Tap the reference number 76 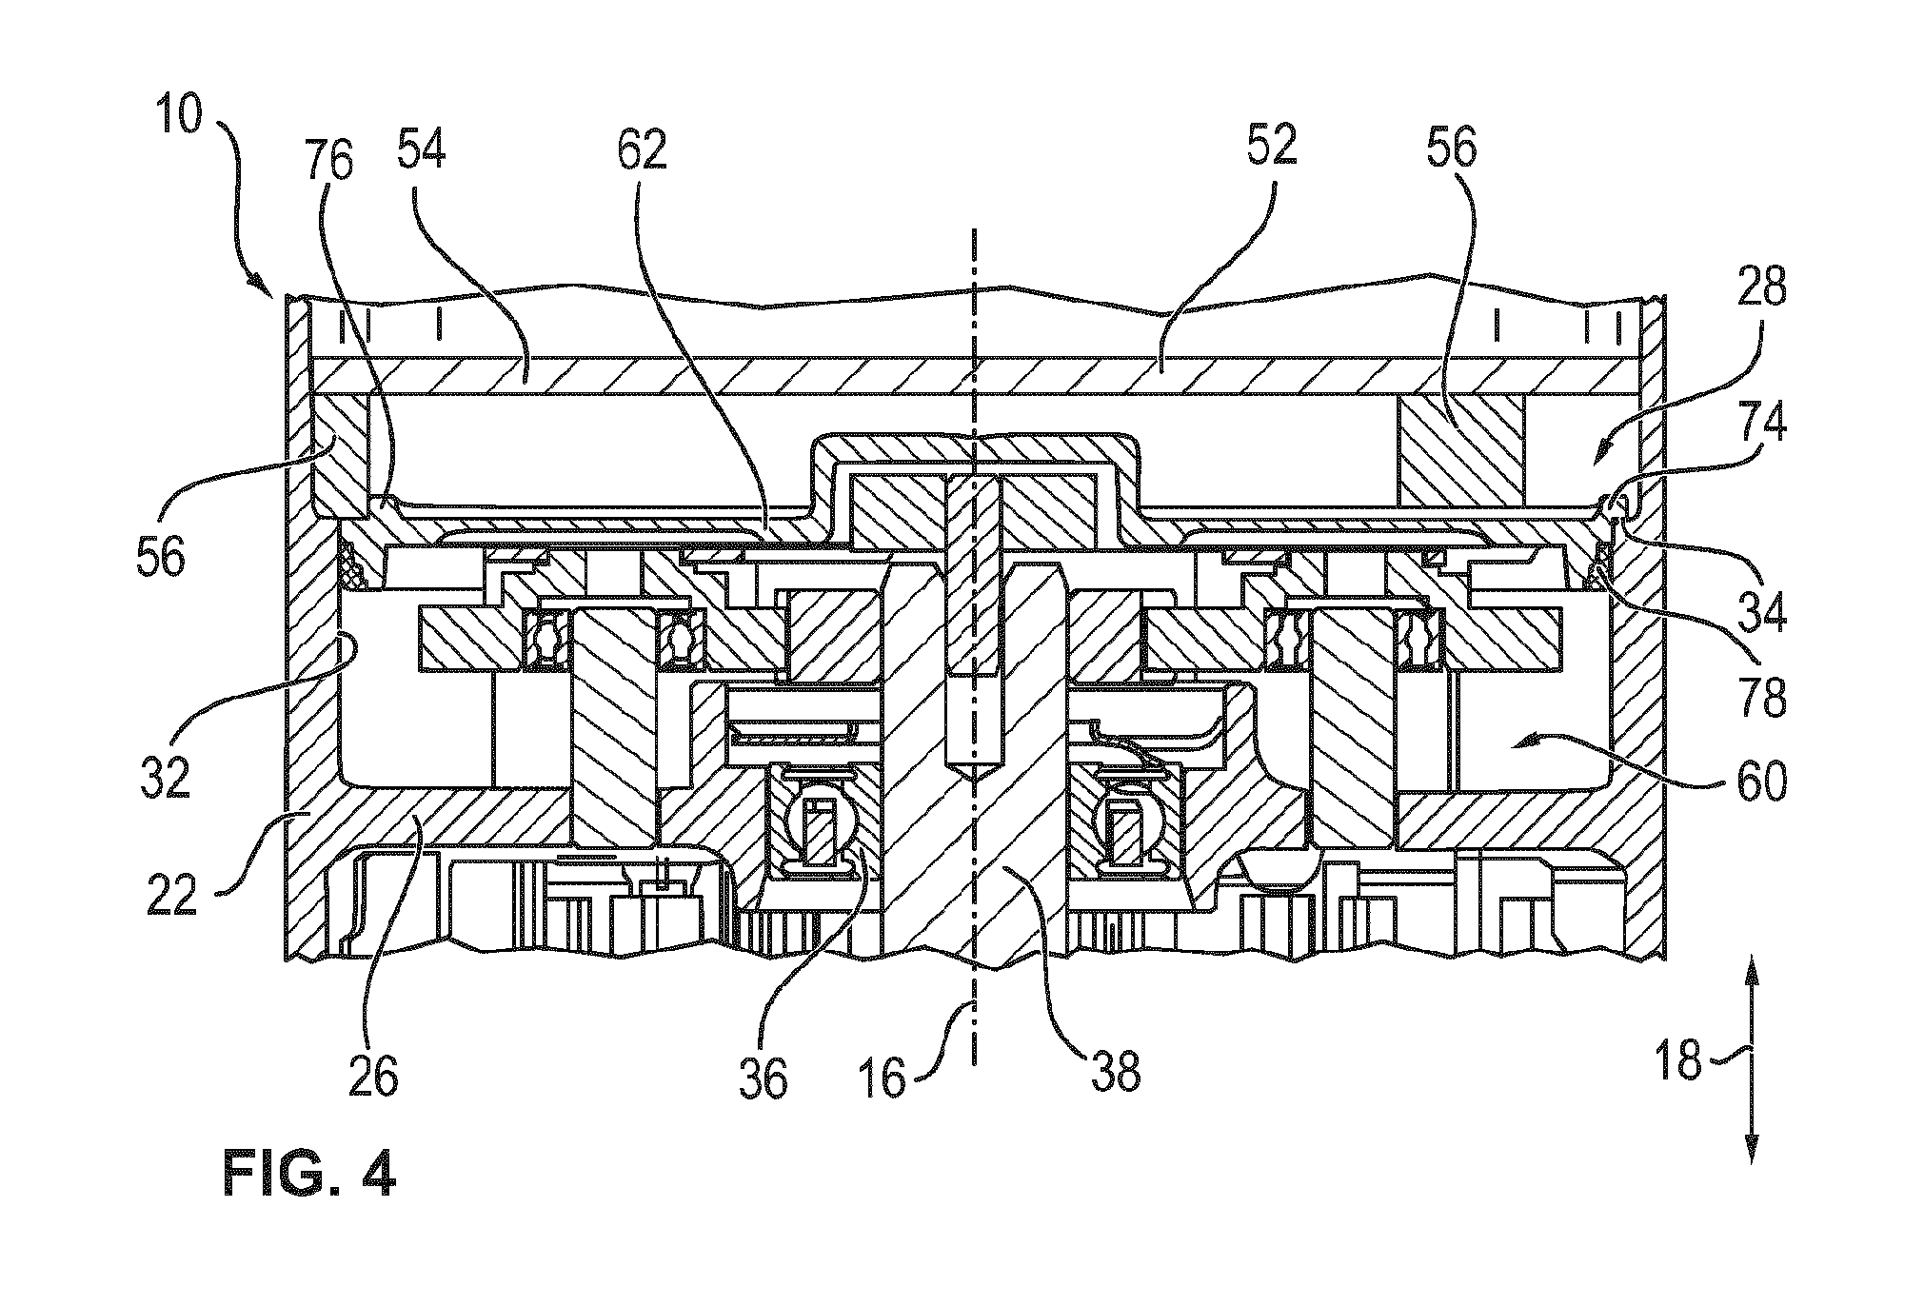click(329, 162)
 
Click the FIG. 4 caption click(309, 1174)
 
